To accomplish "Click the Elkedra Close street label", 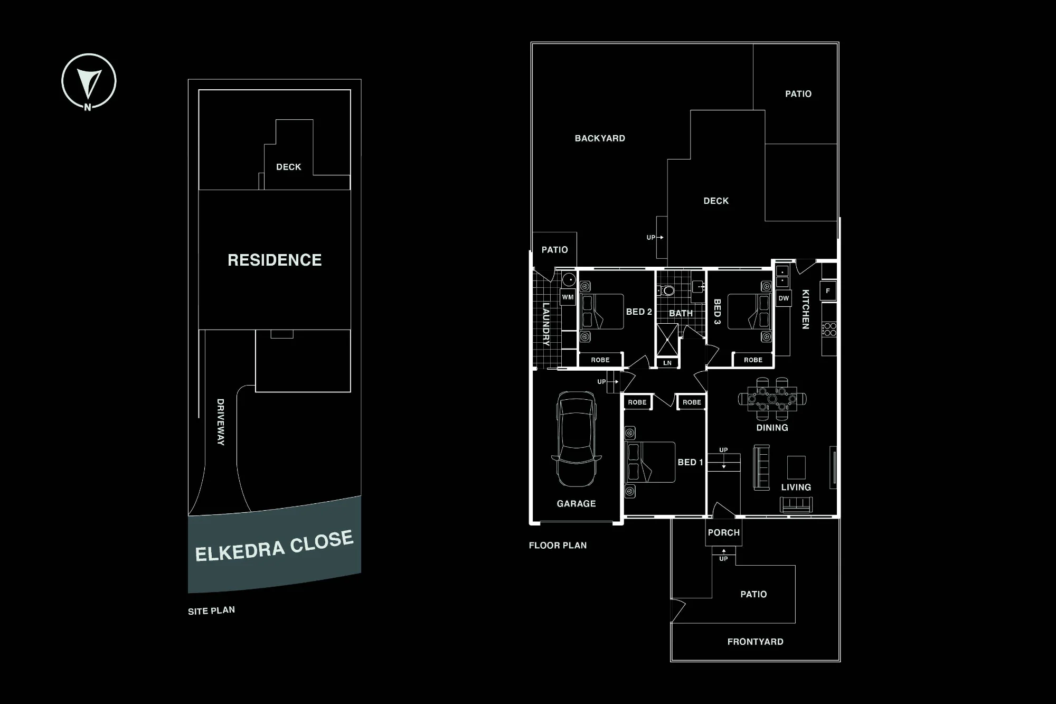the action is point(274,546).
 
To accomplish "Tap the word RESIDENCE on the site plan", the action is point(275,260).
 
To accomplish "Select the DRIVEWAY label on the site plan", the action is point(221,422).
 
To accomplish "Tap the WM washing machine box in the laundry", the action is point(568,297).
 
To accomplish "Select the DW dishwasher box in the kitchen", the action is point(784,298).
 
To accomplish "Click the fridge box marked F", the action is point(828,291).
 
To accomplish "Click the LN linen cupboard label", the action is point(667,363).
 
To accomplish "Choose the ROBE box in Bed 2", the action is point(600,360).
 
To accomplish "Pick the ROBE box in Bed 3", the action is point(753,360).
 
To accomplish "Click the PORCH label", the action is point(724,533).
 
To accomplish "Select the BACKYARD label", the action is point(600,138).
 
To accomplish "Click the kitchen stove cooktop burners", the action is point(829,330).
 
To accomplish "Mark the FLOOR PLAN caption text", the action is point(558,546).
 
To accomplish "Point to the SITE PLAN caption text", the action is point(211,611).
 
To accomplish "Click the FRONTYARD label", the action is point(755,642).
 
